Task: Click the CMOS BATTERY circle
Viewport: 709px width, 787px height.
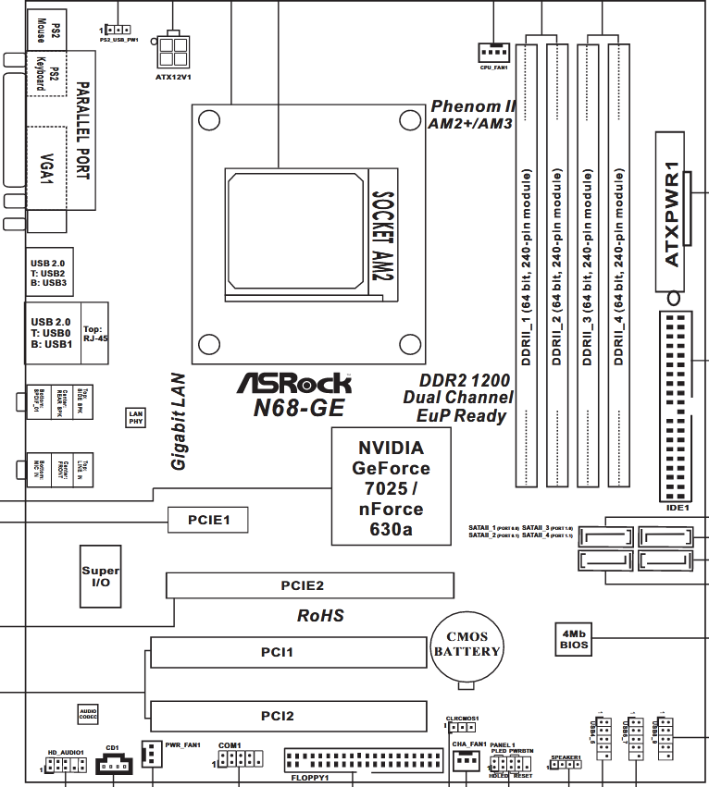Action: click(468, 645)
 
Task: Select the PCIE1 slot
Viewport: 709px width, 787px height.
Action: click(208, 521)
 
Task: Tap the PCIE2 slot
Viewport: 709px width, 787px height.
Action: click(310, 585)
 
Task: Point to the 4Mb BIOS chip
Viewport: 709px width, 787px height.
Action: click(574, 638)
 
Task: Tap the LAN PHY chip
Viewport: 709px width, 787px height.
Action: click(135, 417)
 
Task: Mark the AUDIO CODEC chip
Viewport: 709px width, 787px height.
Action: click(88, 713)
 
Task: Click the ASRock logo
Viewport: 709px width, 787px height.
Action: click(295, 382)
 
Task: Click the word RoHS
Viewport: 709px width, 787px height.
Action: click(320, 615)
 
